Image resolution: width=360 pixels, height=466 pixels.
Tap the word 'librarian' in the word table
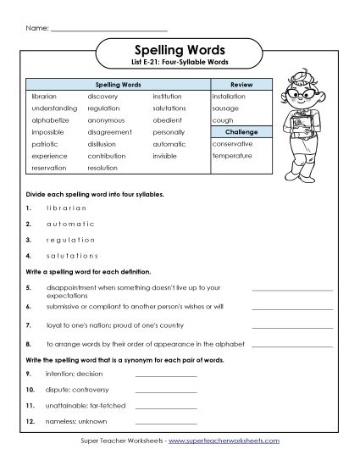(x=44, y=97)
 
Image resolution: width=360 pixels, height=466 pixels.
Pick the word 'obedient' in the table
(x=168, y=120)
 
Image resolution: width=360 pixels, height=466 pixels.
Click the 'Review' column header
(x=240, y=86)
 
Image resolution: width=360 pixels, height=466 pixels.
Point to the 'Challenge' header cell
(x=240, y=132)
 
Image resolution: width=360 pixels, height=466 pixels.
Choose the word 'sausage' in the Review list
(x=226, y=109)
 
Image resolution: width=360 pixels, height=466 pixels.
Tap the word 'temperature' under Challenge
(x=233, y=156)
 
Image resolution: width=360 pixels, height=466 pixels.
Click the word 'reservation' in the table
(x=48, y=168)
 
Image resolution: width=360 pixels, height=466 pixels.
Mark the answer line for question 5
(x=292, y=291)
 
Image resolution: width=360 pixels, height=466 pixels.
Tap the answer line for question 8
(x=292, y=344)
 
